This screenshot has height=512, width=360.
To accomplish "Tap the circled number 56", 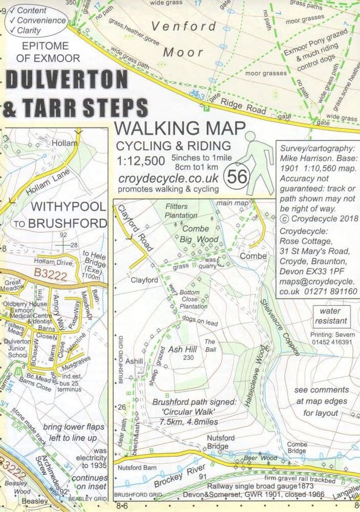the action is tap(237, 177).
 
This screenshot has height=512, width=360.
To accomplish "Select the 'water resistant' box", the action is tap(333, 316).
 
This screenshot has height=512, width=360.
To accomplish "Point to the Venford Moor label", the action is tap(183, 39).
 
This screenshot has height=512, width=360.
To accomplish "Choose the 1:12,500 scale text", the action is tap(140, 161).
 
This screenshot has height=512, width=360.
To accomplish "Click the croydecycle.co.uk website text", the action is tap(168, 177).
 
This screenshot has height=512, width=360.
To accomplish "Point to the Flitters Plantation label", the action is tap(181, 210).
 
